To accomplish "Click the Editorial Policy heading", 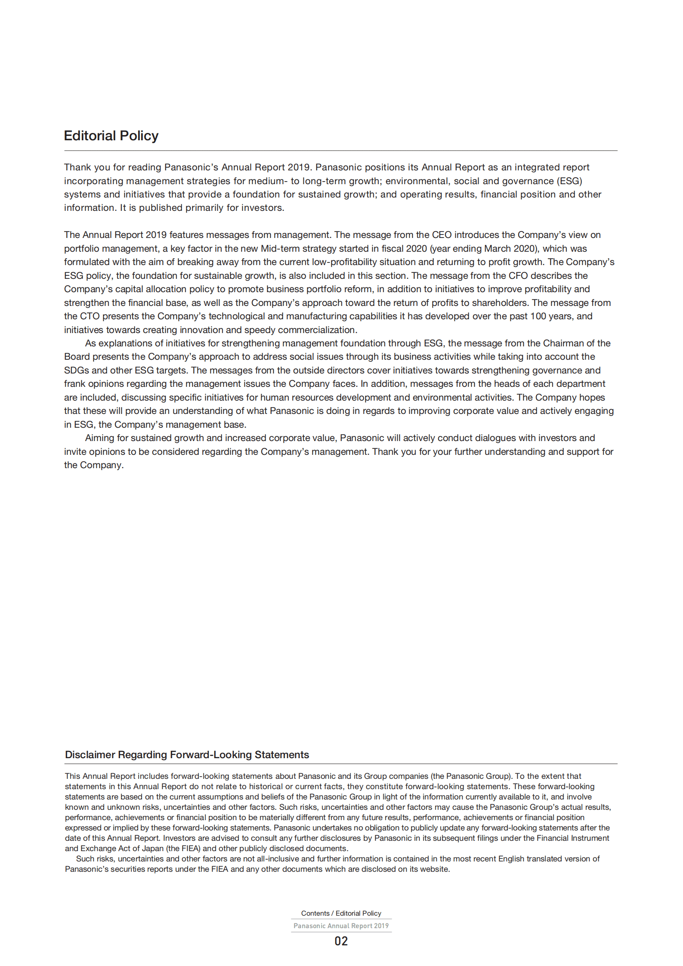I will click(x=111, y=136).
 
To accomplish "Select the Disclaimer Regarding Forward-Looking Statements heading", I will click(x=187, y=755).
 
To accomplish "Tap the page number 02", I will click(x=341, y=941).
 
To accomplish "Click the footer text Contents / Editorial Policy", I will click(x=341, y=913).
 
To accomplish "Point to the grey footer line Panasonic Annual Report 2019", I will click(x=341, y=926).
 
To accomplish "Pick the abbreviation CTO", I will click(x=90, y=316).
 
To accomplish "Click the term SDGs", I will click(x=76, y=370).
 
